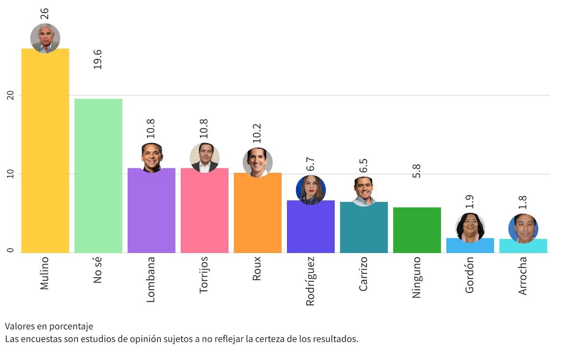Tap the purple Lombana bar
click(x=152, y=212)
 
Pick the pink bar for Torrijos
click(x=204, y=212)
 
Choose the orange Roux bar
click(x=258, y=214)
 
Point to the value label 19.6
click(x=98, y=59)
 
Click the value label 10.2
click(x=257, y=133)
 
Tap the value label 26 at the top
click(x=45, y=13)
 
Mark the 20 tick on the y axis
click(x=10, y=95)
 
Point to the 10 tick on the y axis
click(x=10, y=174)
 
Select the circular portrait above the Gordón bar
click(x=470, y=228)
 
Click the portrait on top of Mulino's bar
click(x=45, y=38)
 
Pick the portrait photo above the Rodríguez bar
click(x=311, y=190)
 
